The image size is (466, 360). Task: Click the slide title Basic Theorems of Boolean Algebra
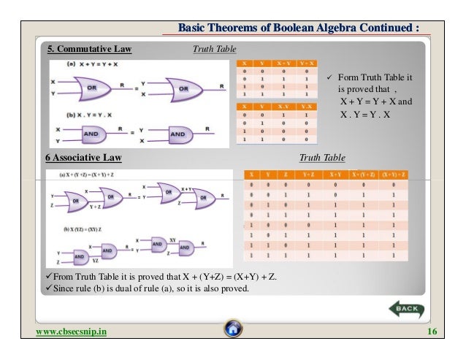click(299, 28)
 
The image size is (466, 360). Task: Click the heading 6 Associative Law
click(80, 157)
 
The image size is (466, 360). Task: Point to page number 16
click(430, 333)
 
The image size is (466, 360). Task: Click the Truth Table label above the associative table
click(322, 157)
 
